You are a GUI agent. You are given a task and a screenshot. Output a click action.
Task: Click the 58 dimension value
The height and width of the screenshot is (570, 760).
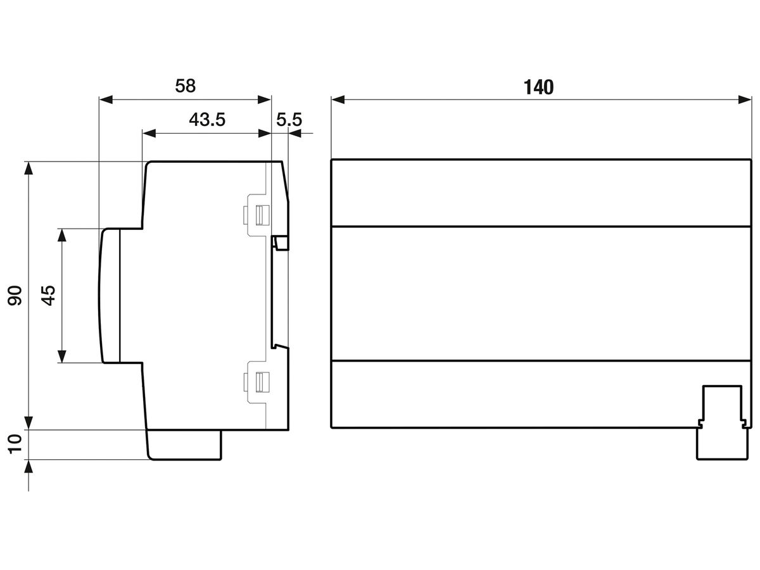(x=186, y=86)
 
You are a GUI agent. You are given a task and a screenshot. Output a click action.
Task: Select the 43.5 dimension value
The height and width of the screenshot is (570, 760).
(x=207, y=120)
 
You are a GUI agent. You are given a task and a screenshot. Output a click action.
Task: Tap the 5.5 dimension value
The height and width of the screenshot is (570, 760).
(x=289, y=120)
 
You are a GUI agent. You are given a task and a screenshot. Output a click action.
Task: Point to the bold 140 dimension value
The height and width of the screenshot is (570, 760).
(x=538, y=87)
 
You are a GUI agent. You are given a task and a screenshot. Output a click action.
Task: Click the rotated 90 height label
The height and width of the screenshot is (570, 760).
(x=15, y=295)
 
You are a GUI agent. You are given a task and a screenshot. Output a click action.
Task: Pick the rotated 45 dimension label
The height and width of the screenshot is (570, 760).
(x=47, y=295)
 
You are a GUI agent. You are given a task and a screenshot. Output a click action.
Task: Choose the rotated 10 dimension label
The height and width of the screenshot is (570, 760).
(x=15, y=444)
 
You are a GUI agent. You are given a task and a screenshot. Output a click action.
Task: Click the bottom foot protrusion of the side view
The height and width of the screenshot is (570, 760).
(x=184, y=444)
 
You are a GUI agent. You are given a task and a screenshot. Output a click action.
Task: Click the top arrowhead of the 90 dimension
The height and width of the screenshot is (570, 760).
(x=28, y=168)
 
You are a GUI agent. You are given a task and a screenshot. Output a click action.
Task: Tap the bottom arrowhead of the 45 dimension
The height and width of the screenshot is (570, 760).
(x=61, y=357)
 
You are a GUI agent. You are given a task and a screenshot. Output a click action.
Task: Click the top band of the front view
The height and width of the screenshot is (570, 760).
(x=541, y=193)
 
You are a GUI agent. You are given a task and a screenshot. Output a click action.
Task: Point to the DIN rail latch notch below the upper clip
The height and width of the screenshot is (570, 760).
(x=281, y=243)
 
